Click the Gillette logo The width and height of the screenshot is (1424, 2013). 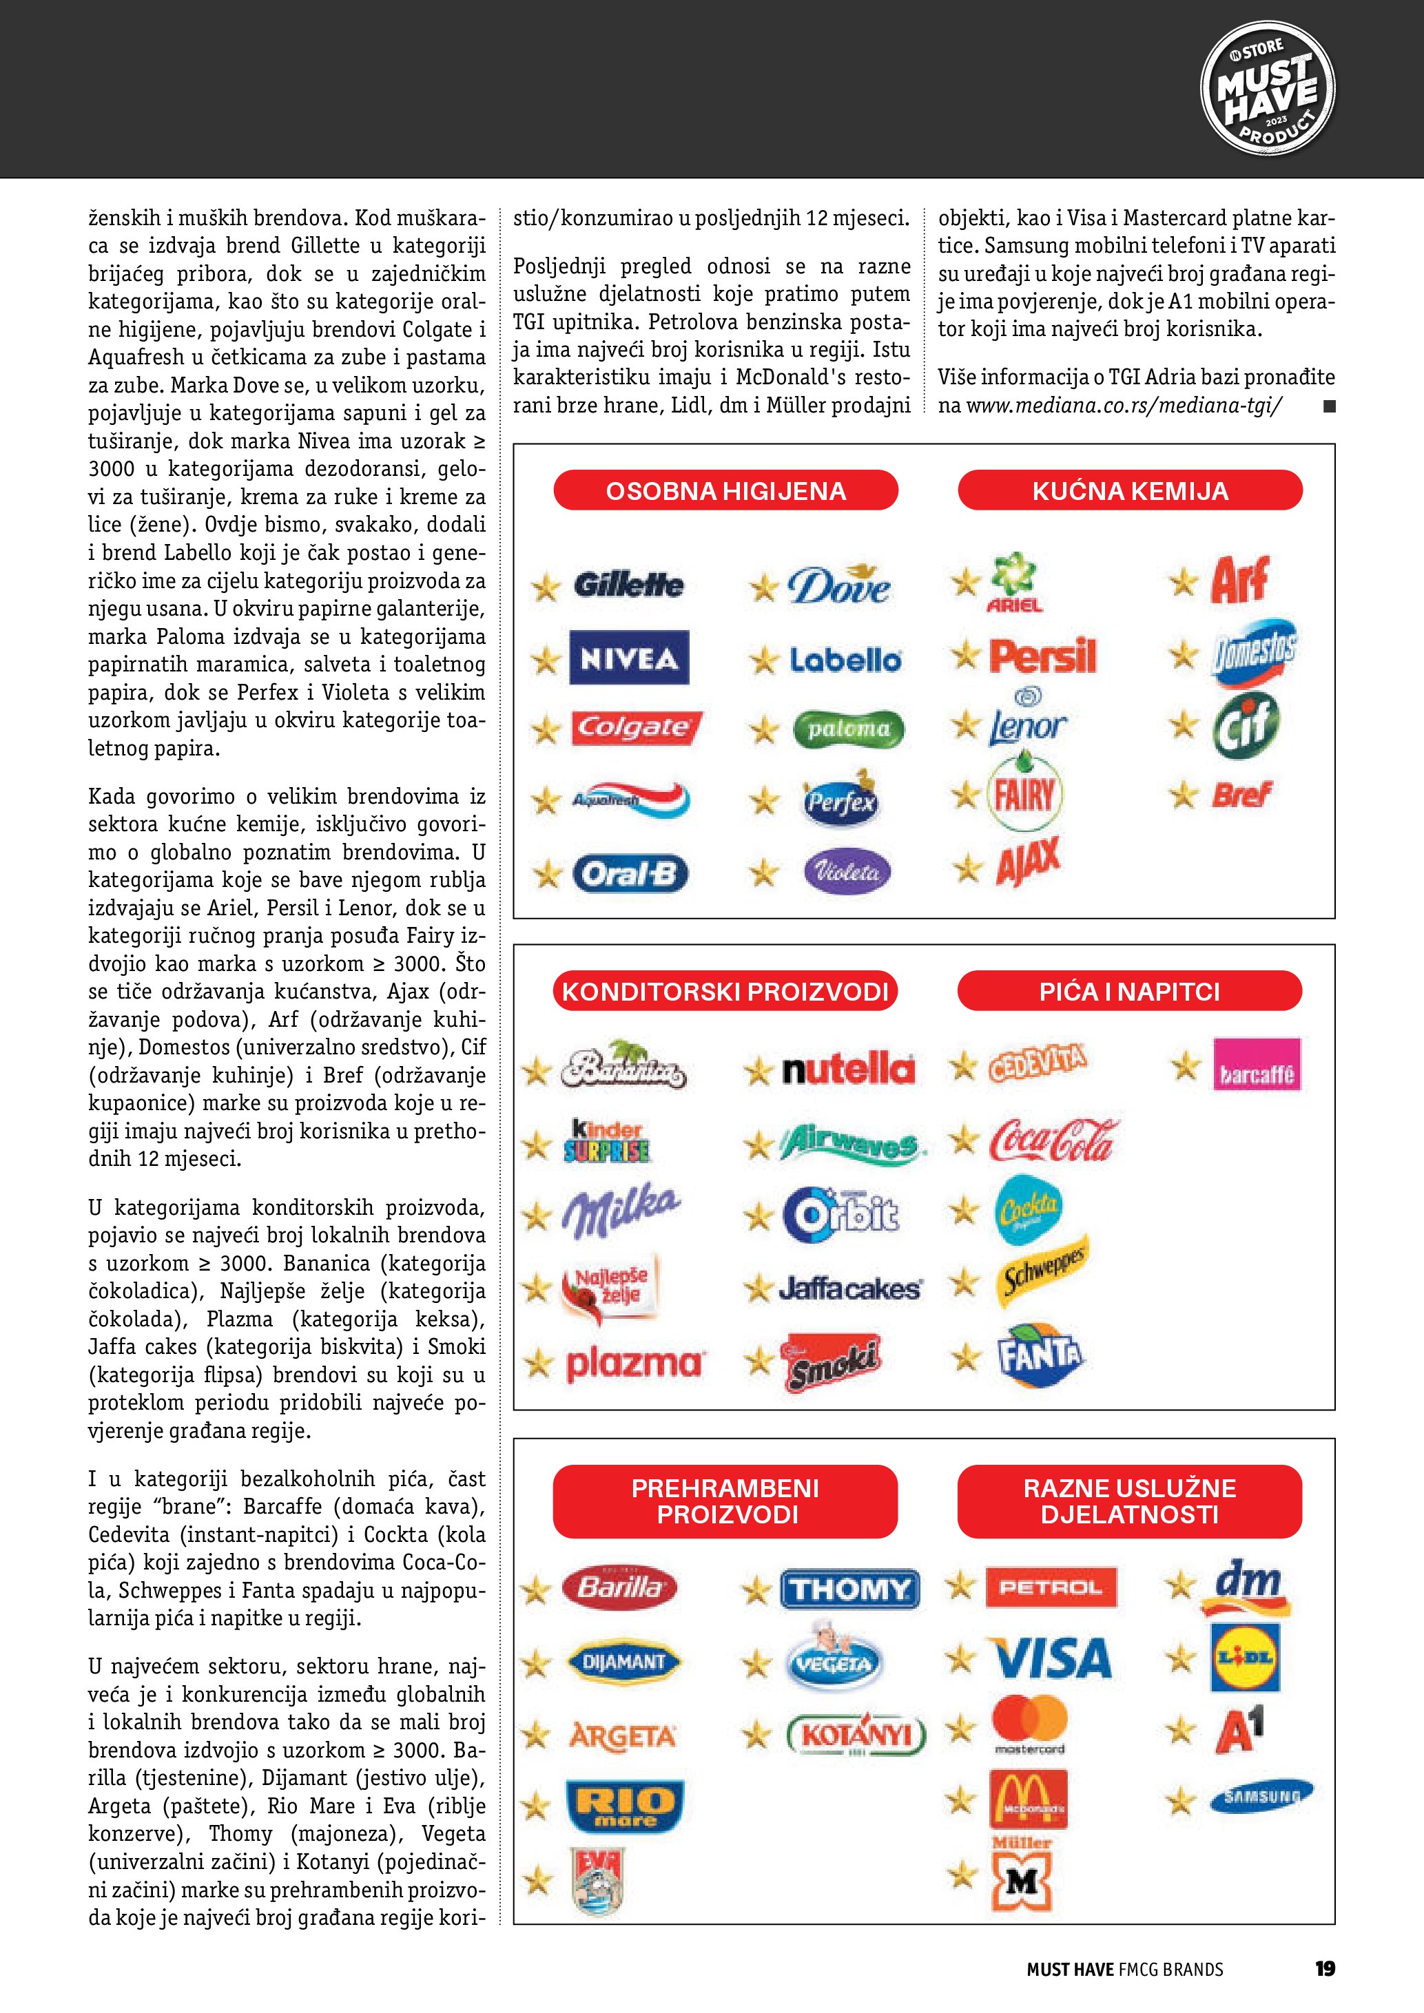629,584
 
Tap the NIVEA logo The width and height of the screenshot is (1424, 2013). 629,658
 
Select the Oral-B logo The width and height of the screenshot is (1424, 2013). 630,873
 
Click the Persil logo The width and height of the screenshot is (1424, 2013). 1042,656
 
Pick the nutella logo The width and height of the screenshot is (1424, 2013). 848,1069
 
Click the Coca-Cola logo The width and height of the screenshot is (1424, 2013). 1055,1140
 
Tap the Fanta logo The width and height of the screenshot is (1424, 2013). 1040,1355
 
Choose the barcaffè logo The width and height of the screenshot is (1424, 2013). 1257,1065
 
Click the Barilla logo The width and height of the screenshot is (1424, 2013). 621,1587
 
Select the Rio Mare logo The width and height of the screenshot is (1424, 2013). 624,1806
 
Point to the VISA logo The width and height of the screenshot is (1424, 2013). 1052,1658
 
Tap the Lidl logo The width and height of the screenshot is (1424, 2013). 1245,1657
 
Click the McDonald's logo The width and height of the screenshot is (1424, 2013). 1029,1798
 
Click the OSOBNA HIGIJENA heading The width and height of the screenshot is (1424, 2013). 726,490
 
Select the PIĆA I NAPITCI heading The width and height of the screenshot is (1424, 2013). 1129,991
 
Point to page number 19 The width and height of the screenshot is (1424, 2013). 1325,1969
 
